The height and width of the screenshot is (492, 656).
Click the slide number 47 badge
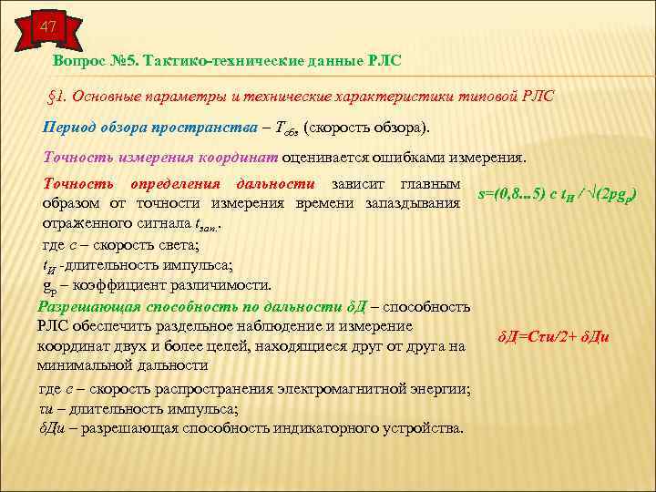click(45, 28)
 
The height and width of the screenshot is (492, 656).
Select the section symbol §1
click(54, 96)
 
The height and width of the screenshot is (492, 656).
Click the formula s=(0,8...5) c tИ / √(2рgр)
click(557, 193)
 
